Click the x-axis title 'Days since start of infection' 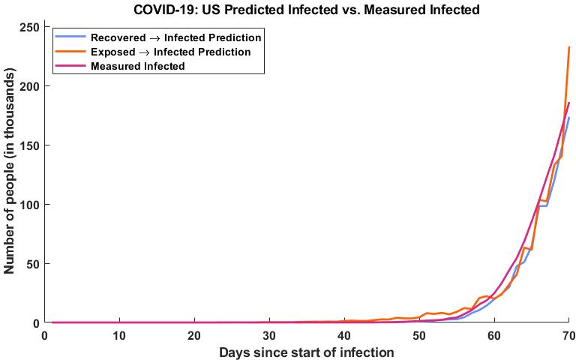[x=307, y=352]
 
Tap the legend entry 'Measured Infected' [x=137, y=66]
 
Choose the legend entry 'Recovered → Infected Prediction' [x=176, y=37]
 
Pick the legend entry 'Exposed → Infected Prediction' [x=170, y=52]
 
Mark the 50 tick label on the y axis [x=31, y=264]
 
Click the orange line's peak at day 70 [x=569, y=47]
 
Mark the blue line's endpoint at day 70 [x=569, y=118]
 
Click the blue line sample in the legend [x=70, y=37]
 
